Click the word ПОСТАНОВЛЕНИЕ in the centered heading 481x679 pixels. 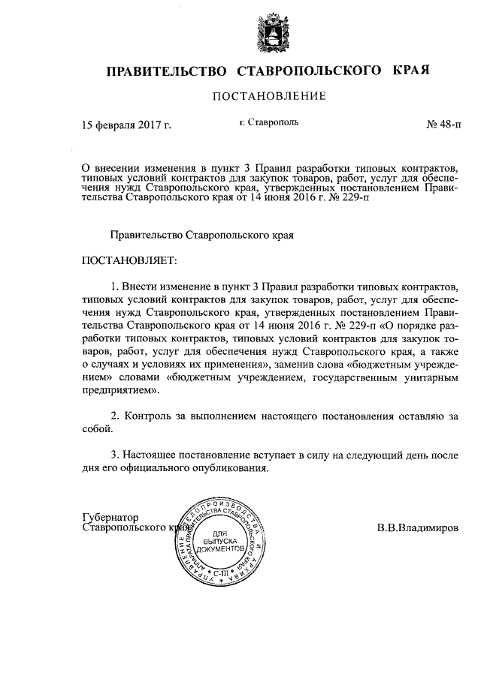(270, 96)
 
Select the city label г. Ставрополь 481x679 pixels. (269, 121)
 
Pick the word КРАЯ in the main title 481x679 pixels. (410, 71)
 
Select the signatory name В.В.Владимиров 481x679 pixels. (418, 527)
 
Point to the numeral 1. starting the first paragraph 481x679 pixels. (116, 287)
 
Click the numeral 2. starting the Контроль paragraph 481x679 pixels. (116, 416)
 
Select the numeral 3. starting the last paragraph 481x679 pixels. (116, 455)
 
